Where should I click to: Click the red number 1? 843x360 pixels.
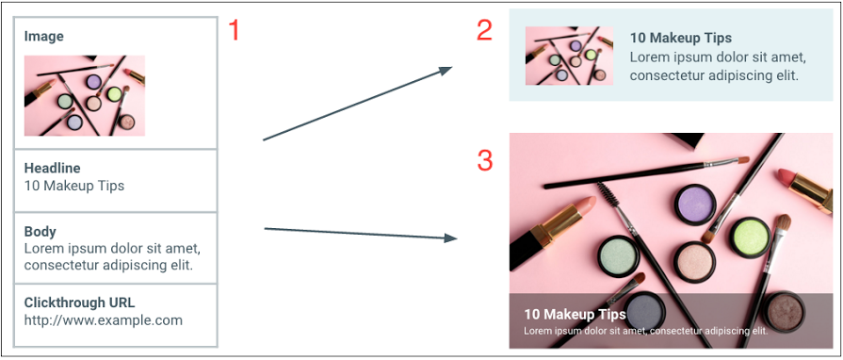234,30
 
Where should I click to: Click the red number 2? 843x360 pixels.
484,30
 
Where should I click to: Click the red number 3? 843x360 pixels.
485,161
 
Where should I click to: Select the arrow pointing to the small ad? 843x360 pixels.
358,104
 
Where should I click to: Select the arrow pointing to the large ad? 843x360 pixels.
361,233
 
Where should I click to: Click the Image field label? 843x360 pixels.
43,37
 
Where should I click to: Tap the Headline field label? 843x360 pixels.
52,168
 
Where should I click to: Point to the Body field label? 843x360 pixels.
41,232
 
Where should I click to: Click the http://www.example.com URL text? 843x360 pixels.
104,320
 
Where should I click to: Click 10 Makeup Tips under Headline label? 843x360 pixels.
74,187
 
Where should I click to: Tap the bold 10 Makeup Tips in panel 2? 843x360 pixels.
681,39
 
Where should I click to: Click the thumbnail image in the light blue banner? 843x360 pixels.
569,56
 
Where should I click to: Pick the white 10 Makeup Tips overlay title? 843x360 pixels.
576,314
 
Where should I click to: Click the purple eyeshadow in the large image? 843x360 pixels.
695,205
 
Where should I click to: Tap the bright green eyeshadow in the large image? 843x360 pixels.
750,237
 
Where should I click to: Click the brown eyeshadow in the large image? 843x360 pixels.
784,312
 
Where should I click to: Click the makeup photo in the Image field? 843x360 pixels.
85,95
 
